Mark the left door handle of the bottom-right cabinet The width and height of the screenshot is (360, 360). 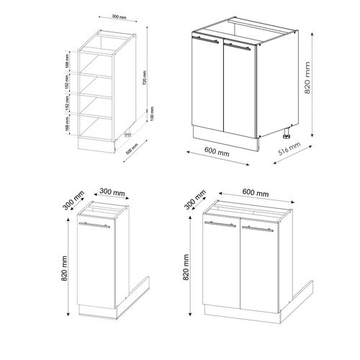tap(222, 225)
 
